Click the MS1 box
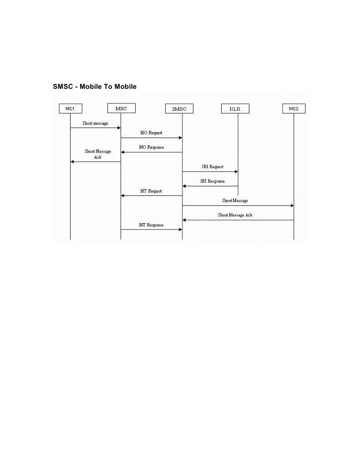click(x=70, y=109)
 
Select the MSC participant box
click(x=121, y=108)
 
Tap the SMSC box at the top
click(x=182, y=109)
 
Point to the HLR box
click(x=238, y=109)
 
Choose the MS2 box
click(x=294, y=109)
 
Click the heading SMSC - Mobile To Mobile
click(x=95, y=86)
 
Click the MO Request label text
click(x=151, y=133)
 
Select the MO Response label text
click(x=152, y=148)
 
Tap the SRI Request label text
click(x=213, y=167)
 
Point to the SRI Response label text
click(x=212, y=181)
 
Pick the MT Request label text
click(x=152, y=191)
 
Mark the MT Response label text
click(x=151, y=225)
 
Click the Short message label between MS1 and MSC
click(x=95, y=123)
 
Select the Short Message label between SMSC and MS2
click(x=235, y=200)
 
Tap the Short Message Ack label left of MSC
click(x=97, y=154)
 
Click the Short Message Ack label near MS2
click(x=235, y=215)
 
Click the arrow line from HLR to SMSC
click(x=210, y=186)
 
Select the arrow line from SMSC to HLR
click(x=210, y=172)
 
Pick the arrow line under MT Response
click(x=151, y=230)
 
